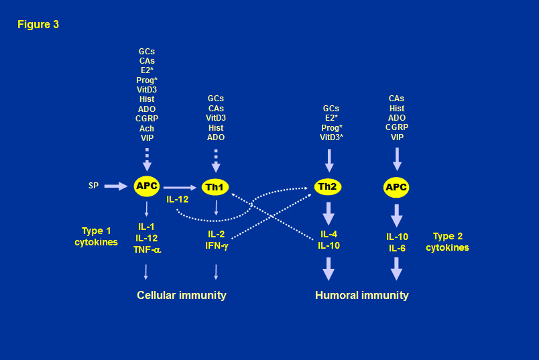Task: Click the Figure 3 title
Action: click(38, 25)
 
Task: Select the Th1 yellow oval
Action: click(215, 187)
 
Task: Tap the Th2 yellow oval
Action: click(327, 186)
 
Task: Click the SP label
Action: click(93, 186)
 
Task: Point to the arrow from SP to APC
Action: click(115, 186)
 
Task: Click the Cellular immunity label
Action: click(181, 295)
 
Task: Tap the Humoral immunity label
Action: click(361, 295)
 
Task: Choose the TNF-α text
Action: click(147, 250)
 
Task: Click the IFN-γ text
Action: click(216, 245)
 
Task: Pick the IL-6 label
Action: click(396, 248)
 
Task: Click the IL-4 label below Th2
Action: click(328, 234)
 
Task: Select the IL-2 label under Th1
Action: click(216, 234)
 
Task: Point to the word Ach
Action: click(146, 128)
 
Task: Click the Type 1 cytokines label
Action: click(96, 237)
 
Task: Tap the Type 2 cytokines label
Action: click(447, 242)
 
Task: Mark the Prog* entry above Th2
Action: click(331, 127)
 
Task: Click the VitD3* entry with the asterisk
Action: click(331, 137)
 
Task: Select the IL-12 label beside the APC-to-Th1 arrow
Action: click(178, 199)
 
